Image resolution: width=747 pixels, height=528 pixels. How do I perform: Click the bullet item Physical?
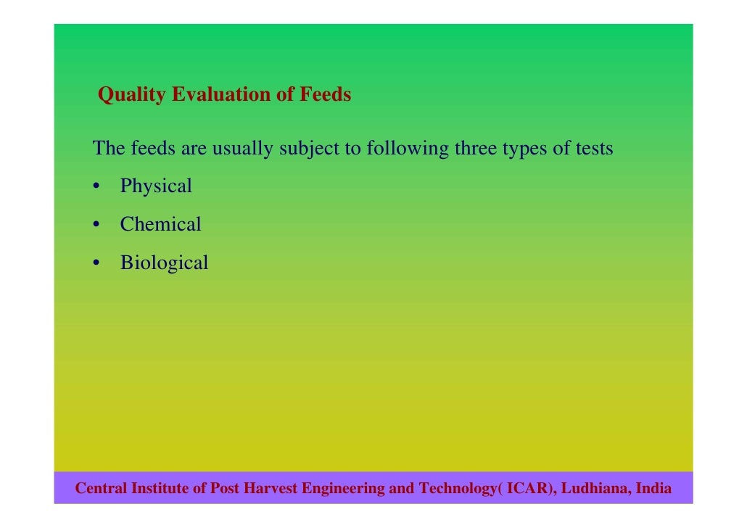pyautogui.click(x=156, y=186)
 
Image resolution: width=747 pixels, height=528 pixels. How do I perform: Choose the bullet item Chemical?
pyautogui.click(x=160, y=225)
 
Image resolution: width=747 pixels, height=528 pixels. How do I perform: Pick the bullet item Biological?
pyautogui.click(x=164, y=263)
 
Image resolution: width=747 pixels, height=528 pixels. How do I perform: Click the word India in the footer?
pyautogui.click(x=653, y=489)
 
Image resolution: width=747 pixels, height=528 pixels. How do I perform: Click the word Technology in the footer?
pyautogui.click(x=456, y=489)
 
